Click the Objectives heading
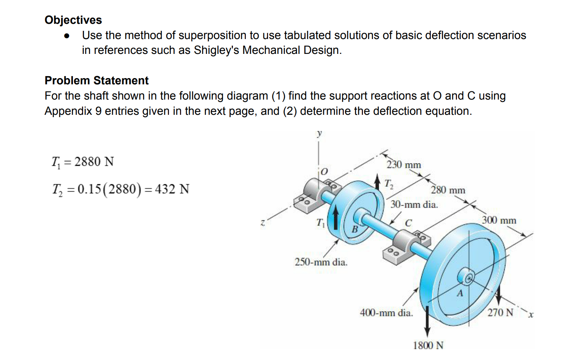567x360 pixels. [73, 20]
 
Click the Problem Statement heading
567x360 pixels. [96, 80]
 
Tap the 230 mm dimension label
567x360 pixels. [403, 165]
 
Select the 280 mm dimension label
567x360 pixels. [448, 190]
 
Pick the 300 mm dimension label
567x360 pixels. [499, 220]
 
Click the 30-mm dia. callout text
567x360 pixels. [414, 204]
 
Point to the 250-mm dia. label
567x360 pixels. [321, 262]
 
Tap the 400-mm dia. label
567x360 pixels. [386, 313]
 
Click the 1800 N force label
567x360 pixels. [428, 345]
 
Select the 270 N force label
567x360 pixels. [500, 312]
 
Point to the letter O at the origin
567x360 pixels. [324, 171]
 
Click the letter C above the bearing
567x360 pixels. [408, 223]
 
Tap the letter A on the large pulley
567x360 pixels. [460, 293]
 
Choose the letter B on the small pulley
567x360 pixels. [355, 229]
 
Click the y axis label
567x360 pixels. [319, 133]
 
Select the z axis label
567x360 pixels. [263, 223]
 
